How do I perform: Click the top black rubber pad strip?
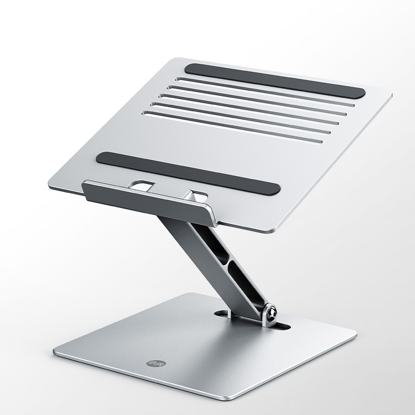(x=275, y=80)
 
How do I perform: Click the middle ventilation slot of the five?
(x=249, y=109)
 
